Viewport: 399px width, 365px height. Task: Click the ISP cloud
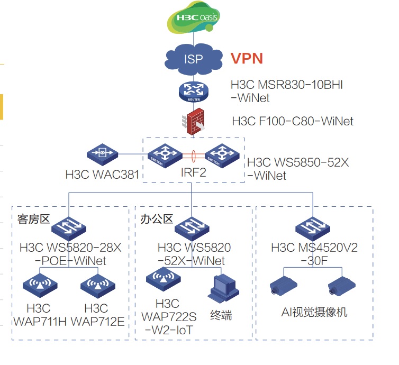[194, 58]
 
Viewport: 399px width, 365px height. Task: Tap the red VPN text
[247, 58]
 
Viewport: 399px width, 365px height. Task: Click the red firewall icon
[194, 121]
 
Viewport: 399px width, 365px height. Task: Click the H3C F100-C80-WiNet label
[292, 121]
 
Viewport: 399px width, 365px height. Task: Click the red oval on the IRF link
[194, 156]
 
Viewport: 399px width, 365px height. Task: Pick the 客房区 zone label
[31, 218]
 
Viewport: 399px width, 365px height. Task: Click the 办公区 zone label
[157, 218]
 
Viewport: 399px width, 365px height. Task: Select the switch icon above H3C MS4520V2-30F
[312, 228]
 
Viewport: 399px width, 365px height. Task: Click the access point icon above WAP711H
[39, 286]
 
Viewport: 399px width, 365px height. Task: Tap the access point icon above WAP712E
[97, 286]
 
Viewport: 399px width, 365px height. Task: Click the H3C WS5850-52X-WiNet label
[298, 169]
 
